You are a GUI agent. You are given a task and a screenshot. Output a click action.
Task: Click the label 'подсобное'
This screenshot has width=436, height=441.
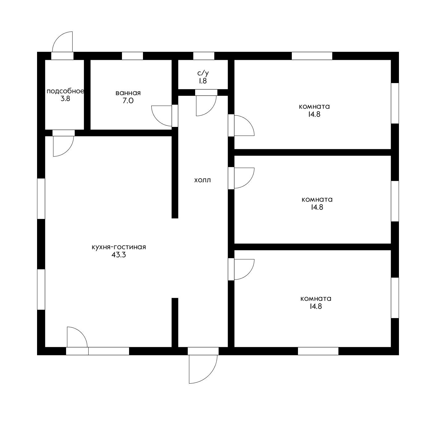65,91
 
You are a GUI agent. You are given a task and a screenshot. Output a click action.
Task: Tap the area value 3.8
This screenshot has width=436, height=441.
65,99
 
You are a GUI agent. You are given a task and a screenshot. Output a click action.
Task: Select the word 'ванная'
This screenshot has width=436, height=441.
128,93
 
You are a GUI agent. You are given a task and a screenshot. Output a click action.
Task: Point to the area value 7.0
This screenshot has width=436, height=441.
128,101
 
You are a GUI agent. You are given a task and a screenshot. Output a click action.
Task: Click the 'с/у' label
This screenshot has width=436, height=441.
203,73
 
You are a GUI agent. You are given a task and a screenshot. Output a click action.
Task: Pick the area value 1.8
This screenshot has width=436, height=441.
203,81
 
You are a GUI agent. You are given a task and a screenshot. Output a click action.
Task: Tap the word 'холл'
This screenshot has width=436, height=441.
203,180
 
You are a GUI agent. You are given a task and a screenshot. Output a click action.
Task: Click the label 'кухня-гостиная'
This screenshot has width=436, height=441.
119,247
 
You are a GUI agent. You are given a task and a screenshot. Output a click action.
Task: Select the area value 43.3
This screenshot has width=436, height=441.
119,255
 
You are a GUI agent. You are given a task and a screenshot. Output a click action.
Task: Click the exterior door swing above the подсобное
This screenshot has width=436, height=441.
59,37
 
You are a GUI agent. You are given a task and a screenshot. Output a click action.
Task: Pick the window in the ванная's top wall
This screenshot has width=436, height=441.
132,56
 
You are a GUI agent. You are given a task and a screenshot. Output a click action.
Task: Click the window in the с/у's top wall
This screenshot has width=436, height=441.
204,56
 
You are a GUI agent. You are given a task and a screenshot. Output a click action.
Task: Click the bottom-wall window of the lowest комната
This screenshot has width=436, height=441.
318,351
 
